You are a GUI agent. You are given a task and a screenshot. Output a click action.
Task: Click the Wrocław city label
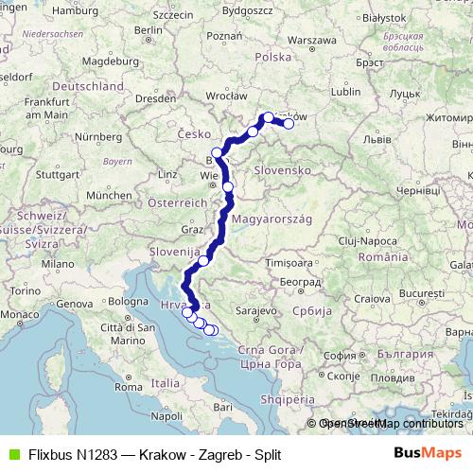[x=225, y=96]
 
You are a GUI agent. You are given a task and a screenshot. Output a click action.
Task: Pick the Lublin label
[x=347, y=92]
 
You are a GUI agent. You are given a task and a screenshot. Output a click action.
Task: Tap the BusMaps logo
[x=427, y=454]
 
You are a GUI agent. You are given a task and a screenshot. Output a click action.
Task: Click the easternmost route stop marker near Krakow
[x=289, y=123]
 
